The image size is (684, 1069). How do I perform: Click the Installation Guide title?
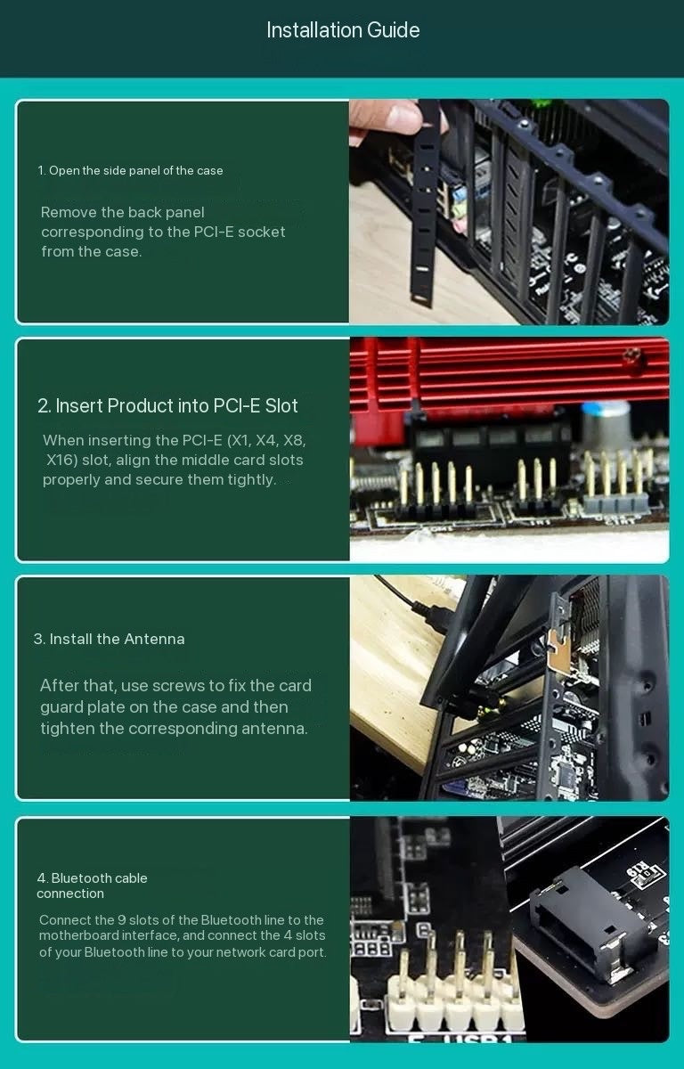(343, 30)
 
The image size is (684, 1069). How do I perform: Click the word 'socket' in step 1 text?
(261, 232)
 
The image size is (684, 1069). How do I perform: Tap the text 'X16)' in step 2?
(62, 460)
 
